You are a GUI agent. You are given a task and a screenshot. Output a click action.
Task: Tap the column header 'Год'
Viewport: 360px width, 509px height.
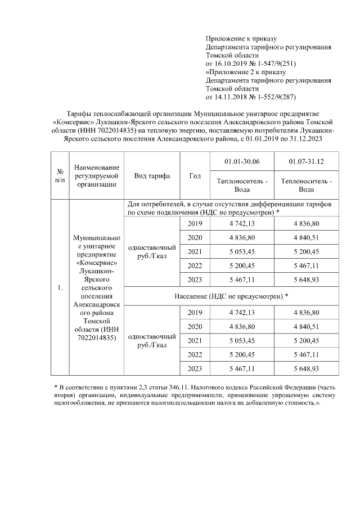coord(195,175)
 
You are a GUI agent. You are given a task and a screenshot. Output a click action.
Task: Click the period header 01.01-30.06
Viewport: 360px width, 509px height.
coord(242,162)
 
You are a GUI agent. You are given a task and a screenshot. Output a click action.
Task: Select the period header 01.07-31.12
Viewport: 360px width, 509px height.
coord(307,162)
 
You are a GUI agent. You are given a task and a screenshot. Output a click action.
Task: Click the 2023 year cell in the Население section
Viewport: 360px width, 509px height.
coord(195,368)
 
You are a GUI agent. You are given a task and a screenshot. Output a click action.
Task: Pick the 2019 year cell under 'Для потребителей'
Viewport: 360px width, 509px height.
coord(195,224)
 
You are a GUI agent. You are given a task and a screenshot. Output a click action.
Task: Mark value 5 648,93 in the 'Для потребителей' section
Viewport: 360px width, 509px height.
coord(307,279)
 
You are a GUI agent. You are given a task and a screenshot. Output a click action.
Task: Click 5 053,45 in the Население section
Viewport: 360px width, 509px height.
coord(242,340)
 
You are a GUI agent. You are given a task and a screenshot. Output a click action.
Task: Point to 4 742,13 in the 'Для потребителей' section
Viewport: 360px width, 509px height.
coord(242,224)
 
